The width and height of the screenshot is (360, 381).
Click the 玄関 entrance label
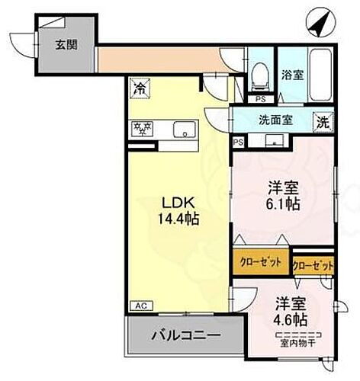point(66,44)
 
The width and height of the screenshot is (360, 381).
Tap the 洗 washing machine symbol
point(323,120)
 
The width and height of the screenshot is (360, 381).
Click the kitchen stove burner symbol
point(141,129)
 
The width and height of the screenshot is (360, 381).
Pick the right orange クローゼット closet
point(313,266)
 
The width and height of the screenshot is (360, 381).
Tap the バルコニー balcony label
point(185,335)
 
